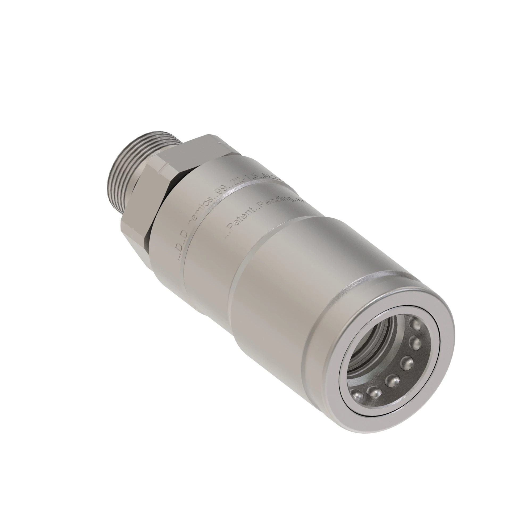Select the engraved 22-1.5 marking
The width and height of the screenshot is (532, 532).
242,186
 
